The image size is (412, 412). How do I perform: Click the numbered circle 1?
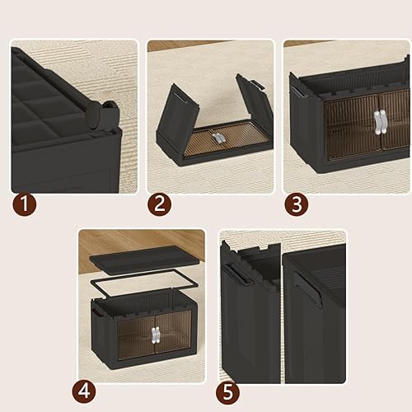point(24,204)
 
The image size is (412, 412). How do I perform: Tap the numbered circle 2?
point(160,204)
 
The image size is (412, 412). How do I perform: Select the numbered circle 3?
point(297,204)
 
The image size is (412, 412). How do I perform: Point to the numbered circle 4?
point(91,388)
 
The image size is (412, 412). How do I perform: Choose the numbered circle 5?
point(231,388)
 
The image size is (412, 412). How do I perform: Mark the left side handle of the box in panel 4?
point(98,314)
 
